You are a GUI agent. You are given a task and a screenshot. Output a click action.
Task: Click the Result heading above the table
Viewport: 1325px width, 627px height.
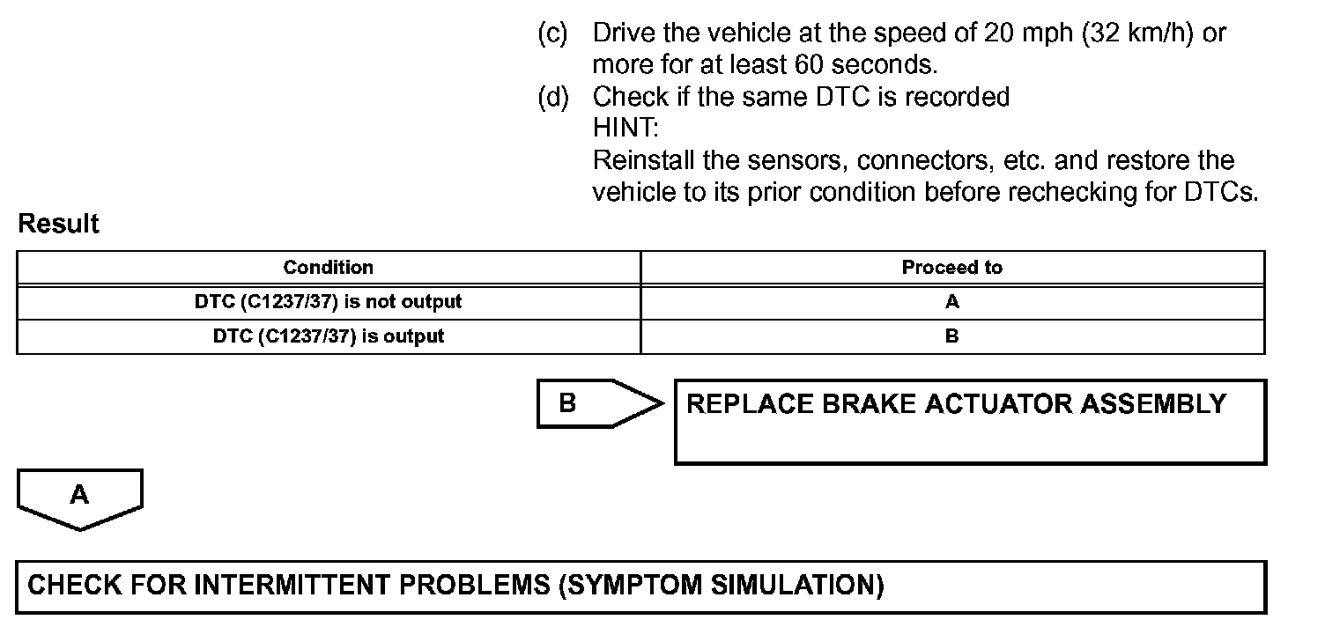(x=58, y=224)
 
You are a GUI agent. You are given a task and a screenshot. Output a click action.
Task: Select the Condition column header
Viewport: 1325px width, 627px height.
(x=328, y=268)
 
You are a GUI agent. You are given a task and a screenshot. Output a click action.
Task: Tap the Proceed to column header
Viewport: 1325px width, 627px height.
(x=951, y=268)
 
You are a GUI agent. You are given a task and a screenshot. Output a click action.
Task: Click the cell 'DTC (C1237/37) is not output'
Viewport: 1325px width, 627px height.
(x=328, y=302)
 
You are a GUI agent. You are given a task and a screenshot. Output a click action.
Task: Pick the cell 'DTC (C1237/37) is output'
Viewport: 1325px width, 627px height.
(x=328, y=336)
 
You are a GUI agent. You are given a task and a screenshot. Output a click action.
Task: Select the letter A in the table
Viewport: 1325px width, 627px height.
(x=951, y=302)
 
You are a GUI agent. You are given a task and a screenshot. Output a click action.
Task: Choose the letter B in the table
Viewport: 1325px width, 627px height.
(x=951, y=336)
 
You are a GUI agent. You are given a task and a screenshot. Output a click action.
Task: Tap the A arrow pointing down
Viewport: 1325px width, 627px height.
(x=79, y=498)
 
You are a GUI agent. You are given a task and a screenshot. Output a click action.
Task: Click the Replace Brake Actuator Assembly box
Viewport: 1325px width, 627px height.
(x=969, y=422)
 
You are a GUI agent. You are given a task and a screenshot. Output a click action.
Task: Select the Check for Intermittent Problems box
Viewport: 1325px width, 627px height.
(x=640, y=586)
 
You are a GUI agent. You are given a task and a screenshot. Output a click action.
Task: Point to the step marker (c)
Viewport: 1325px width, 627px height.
(x=553, y=33)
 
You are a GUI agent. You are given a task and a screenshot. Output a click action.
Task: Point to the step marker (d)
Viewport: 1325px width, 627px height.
(x=553, y=96)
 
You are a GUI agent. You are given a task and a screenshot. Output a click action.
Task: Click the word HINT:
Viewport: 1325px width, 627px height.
(x=625, y=128)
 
